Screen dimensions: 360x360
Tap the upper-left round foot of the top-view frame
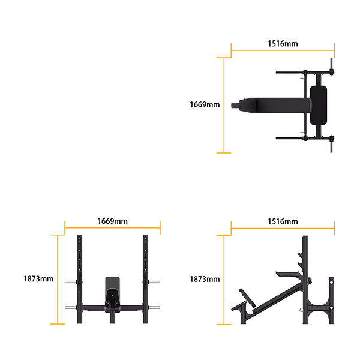click(x=307, y=73)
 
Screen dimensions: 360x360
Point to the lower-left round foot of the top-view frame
click(x=307, y=137)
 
